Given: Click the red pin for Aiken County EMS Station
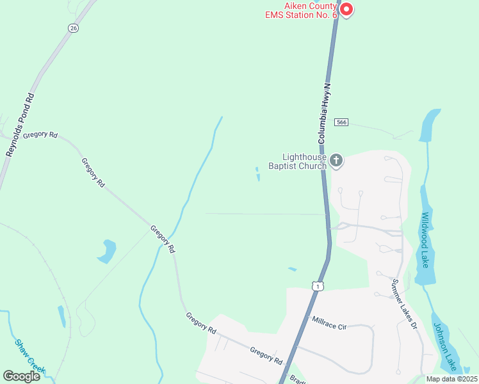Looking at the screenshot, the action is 346,9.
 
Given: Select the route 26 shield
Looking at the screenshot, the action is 73,28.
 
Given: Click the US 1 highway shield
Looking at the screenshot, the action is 317,286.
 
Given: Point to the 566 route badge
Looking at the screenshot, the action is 341,122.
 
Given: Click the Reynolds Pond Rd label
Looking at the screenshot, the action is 20,125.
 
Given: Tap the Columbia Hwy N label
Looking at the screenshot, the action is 325,113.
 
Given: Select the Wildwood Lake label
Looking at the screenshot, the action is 424,240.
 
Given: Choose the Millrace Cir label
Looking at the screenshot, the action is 328,323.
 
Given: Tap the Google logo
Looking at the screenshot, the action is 21,376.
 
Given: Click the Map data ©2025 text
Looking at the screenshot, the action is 451,379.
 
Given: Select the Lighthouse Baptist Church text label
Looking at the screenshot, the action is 305,161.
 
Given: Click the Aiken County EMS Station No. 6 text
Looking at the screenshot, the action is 302,10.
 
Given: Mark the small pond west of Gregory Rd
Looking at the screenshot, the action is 107,250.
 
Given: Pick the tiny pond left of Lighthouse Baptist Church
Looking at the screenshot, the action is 258,174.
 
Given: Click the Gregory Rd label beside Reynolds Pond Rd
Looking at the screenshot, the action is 40,136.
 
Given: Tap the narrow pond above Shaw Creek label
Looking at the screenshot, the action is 61,316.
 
